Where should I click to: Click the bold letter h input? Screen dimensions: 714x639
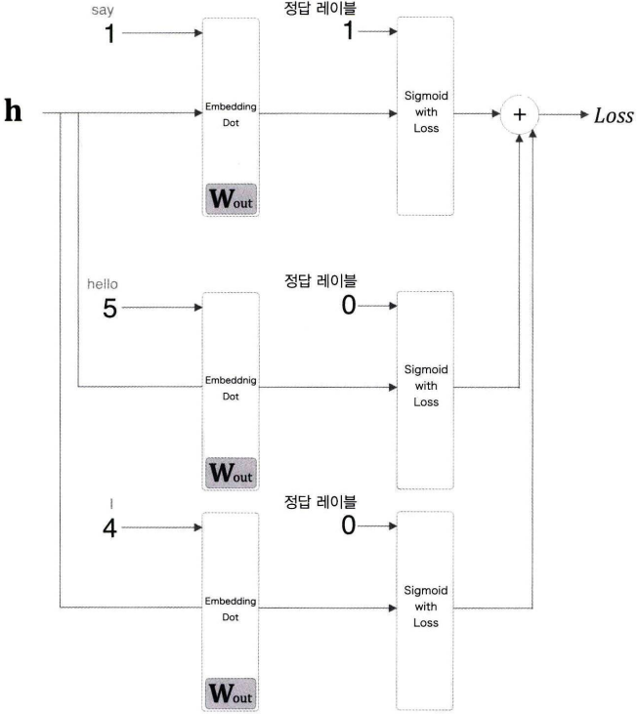click(15, 110)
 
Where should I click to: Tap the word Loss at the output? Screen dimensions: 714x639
click(611, 115)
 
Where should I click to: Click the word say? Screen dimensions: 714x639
click(114, 9)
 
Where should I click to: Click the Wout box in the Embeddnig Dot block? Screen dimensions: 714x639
click(231, 472)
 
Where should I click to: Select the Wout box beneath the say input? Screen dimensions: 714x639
click(231, 198)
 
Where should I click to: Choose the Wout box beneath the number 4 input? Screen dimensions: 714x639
click(231, 693)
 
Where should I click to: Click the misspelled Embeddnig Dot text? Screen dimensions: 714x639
click(231, 389)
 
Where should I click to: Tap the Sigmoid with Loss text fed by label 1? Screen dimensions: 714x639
click(426, 115)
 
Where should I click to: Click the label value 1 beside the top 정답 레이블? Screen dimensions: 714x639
click(349, 32)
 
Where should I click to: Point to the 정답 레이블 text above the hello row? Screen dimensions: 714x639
click(320, 282)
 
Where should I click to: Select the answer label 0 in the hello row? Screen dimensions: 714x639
click(348, 307)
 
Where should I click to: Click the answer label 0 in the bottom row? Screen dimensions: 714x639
click(348, 526)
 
